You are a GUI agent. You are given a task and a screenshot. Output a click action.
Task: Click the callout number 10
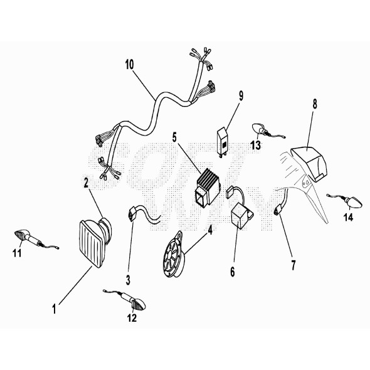point(129,65)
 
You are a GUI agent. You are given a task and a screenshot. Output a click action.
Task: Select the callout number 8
point(315,104)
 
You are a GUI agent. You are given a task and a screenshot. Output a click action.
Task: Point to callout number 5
point(174,137)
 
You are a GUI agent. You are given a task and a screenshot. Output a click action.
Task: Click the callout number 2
point(86,182)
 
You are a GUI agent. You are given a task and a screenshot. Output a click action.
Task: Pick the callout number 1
point(55,309)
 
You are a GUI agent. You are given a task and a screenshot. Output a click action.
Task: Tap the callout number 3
point(128,280)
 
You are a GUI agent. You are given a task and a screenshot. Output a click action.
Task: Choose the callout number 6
point(233,272)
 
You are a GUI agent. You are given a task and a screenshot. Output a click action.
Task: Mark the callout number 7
point(293,265)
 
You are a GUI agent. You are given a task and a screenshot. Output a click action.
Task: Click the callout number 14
point(348,217)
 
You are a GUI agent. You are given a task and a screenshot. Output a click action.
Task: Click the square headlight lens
point(92,244)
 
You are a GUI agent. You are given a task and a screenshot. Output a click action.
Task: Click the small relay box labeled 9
point(223,140)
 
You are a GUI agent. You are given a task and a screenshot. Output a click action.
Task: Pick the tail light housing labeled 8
point(309,164)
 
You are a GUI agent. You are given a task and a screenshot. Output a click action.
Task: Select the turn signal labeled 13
point(267,131)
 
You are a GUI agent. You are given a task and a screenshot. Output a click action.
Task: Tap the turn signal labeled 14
point(345,200)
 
